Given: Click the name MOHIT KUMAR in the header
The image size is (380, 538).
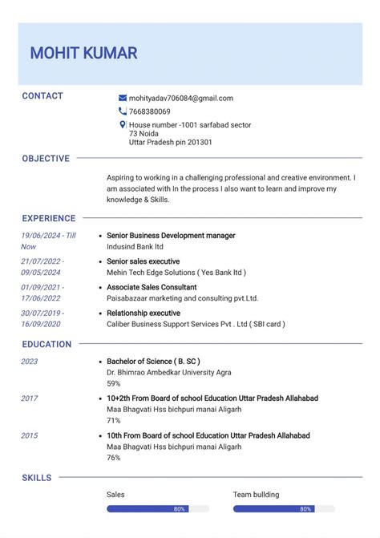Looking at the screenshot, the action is pyautogui.click(x=83, y=54).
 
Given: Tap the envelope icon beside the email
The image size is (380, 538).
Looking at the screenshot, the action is pyautogui.click(x=123, y=98).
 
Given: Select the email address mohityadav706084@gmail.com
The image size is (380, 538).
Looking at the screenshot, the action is pyautogui.click(x=180, y=98).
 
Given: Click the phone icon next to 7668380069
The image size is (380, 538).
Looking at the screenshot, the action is pyautogui.click(x=123, y=111).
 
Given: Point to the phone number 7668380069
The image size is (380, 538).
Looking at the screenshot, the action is pyautogui.click(x=149, y=111).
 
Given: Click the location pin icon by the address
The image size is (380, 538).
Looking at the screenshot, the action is pyautogui.click(x=123, y=125).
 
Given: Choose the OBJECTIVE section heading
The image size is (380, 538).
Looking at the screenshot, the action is pyautogui.click(x=46, y=159).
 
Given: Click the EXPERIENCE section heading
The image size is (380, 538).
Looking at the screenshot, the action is pyautogui.click(x=49, y=218).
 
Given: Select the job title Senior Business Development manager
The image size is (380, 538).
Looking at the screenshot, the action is pyautogui.click(x=171, y=236).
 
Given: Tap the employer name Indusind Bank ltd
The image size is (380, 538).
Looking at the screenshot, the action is pyautogui.click(x=135, y=247).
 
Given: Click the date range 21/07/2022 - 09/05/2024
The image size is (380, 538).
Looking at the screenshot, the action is pyautogui.click(x=42, y=266).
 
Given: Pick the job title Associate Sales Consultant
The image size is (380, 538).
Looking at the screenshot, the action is pyautogui.click(x=152, y=287).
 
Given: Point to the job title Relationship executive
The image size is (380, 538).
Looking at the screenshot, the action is pyautogui.click(x=143, y=313).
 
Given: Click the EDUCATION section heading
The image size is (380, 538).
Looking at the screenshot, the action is pyautogui.click(x=46, y=344).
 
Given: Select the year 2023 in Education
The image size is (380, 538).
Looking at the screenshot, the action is pyautogui.click(x=30, y=362).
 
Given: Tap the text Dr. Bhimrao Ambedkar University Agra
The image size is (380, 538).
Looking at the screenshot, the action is pyautogui.click(x=168, y=372).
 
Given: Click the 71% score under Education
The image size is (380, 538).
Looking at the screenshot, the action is pyautogui.click(x=114, y=420).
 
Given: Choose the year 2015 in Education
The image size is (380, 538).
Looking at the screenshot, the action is pyautogui.click(x=30, y=435).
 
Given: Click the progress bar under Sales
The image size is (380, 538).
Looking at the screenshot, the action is pyautogui.click(x=158, y=509).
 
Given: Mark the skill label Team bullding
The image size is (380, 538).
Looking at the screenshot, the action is pyautogui.click(x=257, y=495).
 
